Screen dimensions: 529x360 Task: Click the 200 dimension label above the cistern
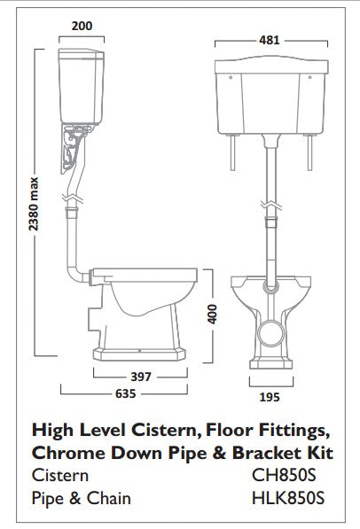pos(82,27)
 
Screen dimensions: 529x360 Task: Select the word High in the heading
pos(51,430)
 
